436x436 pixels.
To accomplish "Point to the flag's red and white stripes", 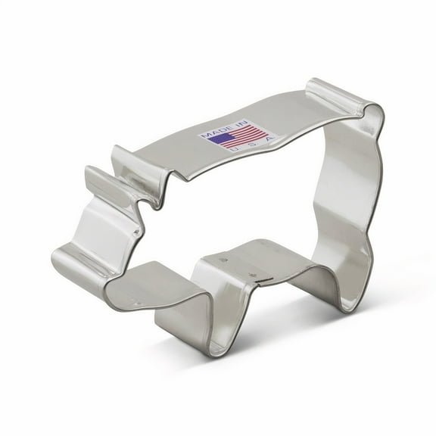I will (246, 135).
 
